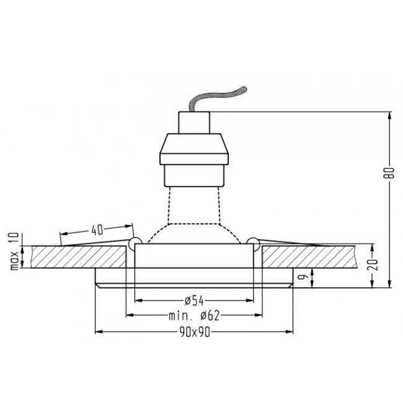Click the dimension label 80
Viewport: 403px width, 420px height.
(x=391, y=172)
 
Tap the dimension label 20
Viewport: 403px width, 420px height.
(x=374, y=264)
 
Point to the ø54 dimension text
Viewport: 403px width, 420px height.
(x=195, y=301)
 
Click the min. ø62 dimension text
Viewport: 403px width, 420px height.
(x=194, y=316)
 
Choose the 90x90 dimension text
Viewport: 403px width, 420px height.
(x=195, y=333)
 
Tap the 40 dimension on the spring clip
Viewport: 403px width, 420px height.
(x=97, y=230)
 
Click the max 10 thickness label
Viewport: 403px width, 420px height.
(x=14, y=251)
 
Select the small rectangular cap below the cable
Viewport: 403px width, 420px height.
(x=194, y=123)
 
